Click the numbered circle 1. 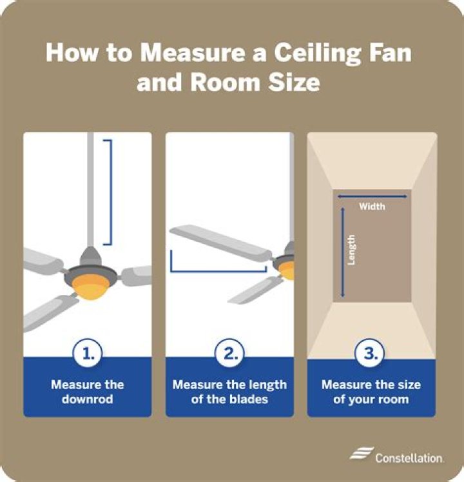[x=88, y=353]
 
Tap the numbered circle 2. [x=229, y=353]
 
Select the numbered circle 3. [x=371, y=353]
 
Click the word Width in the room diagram [x=372, y=206]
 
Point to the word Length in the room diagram [x=351, y=249]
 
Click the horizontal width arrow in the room [x=372, y=196]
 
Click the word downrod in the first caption [x=88, y=399]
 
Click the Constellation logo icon [x=362, y=455]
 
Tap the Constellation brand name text [x=409, y=457]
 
